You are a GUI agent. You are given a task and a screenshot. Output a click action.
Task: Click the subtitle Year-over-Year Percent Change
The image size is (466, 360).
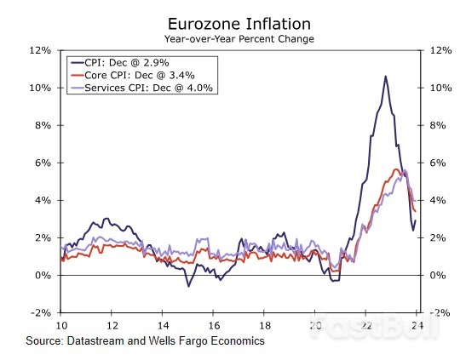[239, 39]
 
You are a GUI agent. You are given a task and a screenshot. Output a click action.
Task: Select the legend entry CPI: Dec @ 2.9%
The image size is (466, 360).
[129, 63]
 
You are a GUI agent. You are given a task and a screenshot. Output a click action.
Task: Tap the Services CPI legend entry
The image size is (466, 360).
[150, 87]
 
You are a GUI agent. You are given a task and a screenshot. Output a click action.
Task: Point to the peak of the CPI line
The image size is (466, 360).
[386, 77]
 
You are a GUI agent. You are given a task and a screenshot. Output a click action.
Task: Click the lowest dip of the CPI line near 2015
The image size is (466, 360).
[188, 286]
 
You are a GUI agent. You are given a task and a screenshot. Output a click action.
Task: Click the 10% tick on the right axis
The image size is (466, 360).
[436, 88]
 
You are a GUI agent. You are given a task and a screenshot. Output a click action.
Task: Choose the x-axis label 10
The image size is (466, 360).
[61, 325]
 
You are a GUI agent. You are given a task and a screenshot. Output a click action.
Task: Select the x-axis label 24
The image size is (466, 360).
[417, 325]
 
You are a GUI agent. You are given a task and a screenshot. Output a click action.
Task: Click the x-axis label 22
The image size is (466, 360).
[365, 325]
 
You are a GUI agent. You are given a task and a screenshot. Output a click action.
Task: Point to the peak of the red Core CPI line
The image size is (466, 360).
[395, 169]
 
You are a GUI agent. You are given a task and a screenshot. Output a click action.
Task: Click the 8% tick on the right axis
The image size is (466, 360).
[436, 125]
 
